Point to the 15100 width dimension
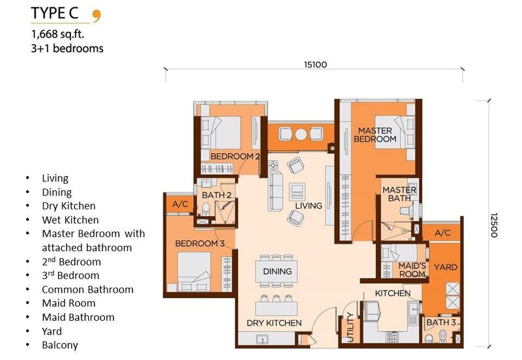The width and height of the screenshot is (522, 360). tap(315, 64)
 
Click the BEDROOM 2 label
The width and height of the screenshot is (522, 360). tap(235, 157)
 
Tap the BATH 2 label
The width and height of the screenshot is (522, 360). tap(217, 194)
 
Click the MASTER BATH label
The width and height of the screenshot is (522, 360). tap(399, 194)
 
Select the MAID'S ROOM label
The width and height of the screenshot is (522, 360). tap(412, 270)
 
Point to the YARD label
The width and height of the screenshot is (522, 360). tap(446, 267)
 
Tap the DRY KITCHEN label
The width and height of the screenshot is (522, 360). tap(274, 323)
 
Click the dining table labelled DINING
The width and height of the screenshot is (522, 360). tap(277, 271)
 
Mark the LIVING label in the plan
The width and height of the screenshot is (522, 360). tap(308, 205)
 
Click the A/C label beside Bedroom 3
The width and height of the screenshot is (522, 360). tap(180, 203)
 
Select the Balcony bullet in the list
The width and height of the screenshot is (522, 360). tap(59, 345)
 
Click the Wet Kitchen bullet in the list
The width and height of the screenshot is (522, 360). tap(70, 220)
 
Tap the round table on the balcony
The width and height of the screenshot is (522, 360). tap(301, 134)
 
